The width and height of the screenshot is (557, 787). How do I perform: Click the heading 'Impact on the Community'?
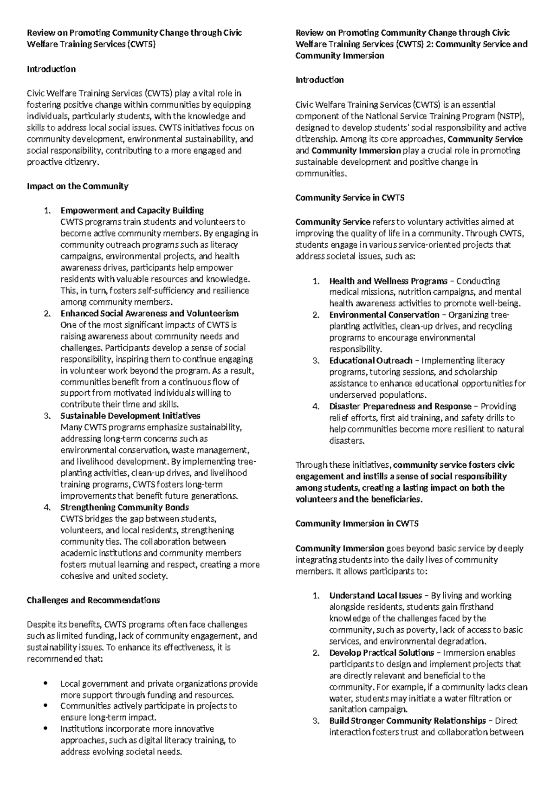pos(78,187)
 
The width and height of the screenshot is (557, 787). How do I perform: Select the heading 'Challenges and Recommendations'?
pos(93,600)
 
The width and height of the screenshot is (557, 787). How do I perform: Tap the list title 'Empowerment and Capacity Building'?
pos(132,211)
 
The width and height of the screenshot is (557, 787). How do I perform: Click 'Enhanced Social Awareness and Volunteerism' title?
pos(149,314)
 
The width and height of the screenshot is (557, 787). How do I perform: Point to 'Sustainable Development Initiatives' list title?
pos(130,416)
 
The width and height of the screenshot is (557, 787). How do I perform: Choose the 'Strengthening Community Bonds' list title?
pos(125,507)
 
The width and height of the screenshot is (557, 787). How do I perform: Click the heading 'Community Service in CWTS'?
pos(350,198)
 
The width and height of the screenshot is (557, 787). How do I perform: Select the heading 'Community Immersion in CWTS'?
pos(357,524)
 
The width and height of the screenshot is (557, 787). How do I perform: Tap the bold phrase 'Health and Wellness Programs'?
pos(388,281)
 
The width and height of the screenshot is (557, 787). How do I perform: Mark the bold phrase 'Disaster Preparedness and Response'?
pos(400,406)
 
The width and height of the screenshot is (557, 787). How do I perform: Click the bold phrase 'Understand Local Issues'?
pos(376,596)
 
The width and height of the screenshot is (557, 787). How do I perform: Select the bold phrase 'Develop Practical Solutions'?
pos(382,653)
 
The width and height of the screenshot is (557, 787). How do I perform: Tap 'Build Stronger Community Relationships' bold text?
pos(408,721)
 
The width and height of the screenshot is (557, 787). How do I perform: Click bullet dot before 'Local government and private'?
pos(45,684)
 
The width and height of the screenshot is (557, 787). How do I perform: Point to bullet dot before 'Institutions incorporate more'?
pos(45,729)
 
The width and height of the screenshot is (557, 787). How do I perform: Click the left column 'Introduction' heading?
pos(51,69)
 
